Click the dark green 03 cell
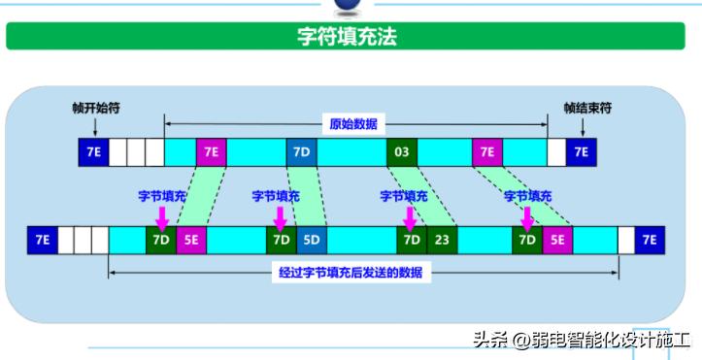400,152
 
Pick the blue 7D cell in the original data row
301,152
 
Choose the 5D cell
311,239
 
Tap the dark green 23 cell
441,239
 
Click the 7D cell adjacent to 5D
281,239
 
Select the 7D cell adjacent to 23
411,239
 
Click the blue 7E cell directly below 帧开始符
94,152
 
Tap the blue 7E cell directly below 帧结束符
582,152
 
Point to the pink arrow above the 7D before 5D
282,215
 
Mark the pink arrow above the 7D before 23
411,215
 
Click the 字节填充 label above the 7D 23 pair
403,196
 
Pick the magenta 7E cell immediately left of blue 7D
211,152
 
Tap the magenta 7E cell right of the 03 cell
487,152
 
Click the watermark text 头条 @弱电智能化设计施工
583,339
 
